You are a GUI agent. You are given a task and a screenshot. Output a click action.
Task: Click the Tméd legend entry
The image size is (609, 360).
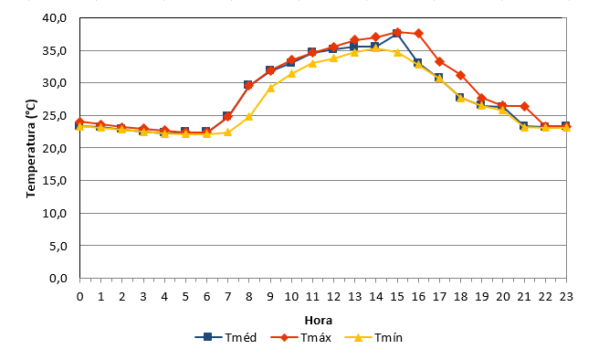pos(226,337)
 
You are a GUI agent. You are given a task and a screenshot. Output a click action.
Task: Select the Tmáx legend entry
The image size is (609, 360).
pos(300,337)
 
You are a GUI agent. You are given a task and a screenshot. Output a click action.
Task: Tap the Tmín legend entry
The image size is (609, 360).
pos(373,337)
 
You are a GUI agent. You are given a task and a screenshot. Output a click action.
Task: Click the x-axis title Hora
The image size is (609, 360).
pos(319,321)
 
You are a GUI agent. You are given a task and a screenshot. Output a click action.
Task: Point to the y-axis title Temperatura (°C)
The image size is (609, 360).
pos(31,149)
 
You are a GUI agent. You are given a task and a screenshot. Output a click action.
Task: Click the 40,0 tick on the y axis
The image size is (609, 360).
pos(55,18)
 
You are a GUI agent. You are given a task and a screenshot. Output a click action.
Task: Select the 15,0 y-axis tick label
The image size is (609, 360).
pos(55,181)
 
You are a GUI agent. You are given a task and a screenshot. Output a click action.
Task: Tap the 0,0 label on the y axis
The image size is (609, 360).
pos(58,279)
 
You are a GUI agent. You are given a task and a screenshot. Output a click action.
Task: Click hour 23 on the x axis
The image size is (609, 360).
pos(566,297)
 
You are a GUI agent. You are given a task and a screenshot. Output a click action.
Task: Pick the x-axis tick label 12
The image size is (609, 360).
pos(333,297)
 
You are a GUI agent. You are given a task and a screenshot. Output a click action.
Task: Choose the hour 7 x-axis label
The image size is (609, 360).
pos(227,297)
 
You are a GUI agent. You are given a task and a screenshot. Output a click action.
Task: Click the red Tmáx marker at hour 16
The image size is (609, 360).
pos(418,34)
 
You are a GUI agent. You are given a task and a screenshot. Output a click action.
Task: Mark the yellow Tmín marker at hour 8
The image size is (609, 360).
pos(249,116)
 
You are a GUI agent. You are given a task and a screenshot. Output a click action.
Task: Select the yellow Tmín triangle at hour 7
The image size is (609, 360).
pos(227,132)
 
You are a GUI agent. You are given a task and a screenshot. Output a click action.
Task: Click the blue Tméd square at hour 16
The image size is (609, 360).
pos(417,63)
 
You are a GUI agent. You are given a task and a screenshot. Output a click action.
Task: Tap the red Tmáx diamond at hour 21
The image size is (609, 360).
pos(524,106)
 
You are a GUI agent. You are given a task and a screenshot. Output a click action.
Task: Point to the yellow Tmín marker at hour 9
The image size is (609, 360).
pos(270,88)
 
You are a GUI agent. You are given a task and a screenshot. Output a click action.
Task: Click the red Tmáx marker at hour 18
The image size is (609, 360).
pos(461,75)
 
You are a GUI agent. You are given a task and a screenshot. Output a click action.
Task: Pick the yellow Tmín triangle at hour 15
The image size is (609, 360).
pos(397,52)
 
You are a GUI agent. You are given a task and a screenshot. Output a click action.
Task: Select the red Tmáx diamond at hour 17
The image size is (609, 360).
pos(440,61)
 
